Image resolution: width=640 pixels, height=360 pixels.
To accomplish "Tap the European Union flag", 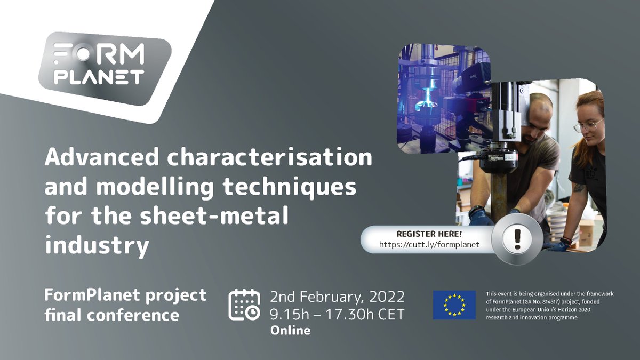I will pos(454,305).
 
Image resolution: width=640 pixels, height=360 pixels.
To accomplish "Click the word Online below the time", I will pos(290,330).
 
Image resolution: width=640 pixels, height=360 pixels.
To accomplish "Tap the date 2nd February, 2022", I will pos(337,296).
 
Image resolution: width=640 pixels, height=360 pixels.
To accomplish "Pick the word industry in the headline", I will pos(97,245).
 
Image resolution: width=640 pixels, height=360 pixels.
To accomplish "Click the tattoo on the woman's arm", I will pos(580,188).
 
